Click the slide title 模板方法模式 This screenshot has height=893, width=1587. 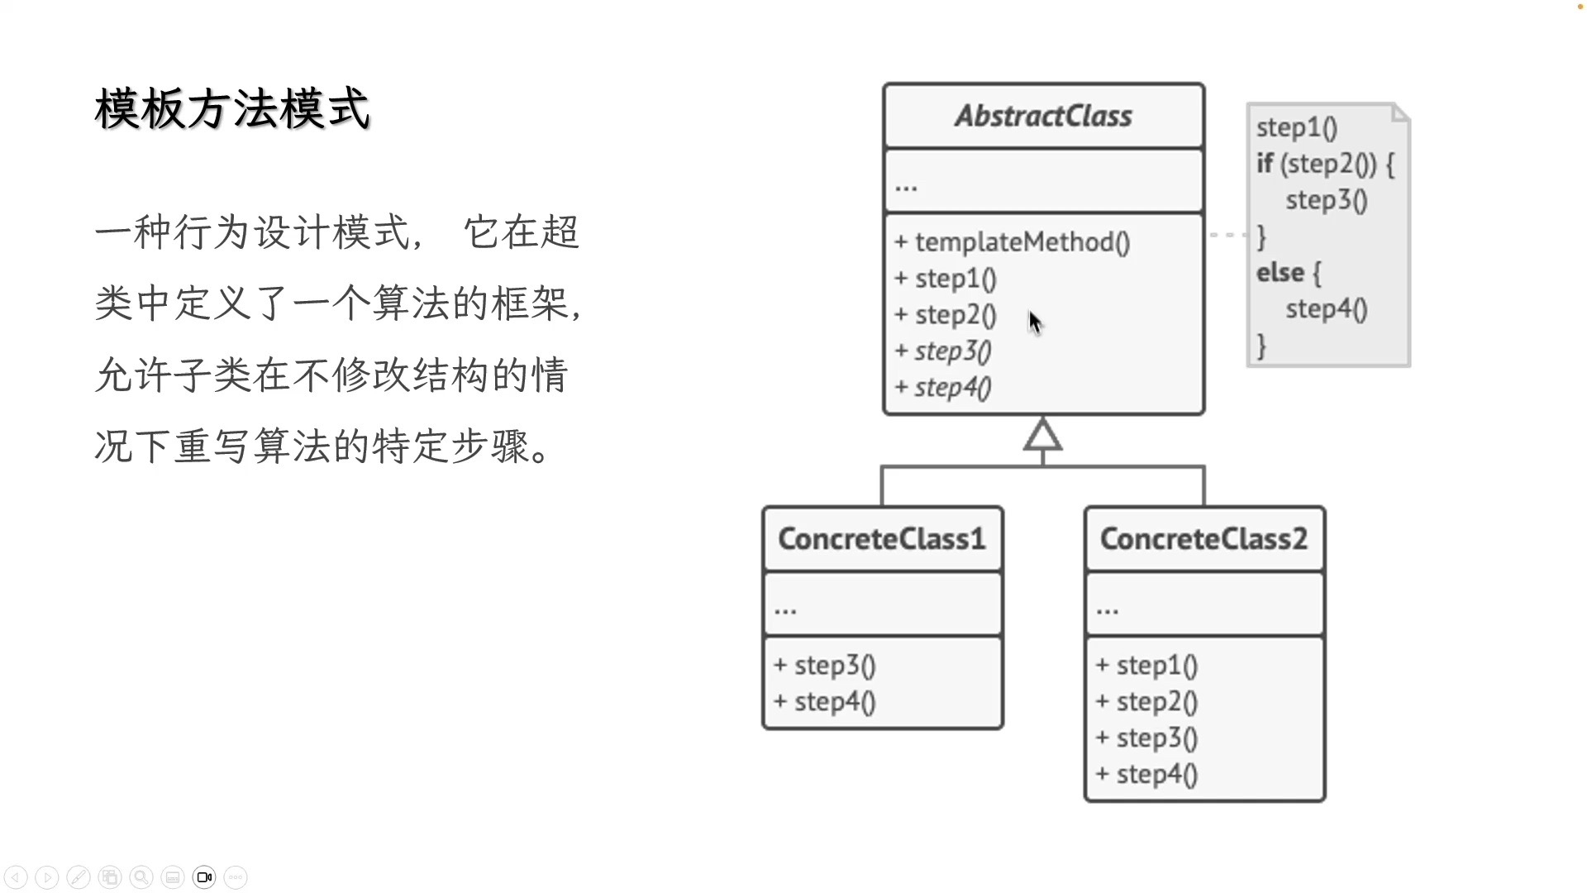(232, 109)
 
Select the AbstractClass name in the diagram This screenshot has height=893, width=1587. (1043, 117)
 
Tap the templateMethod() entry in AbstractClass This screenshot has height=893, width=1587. (1022, 242)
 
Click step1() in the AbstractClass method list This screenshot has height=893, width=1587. (956, 279)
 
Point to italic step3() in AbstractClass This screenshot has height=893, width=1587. (952, 351)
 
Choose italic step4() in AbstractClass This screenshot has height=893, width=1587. (952, 388)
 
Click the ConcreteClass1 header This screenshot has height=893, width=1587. (882, 539)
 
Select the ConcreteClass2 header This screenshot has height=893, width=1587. (1203, 539)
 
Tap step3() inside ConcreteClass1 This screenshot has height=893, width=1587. (835, 666)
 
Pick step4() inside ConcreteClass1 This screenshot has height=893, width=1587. (835, 702)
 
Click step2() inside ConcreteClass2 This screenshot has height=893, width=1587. (1156, 702)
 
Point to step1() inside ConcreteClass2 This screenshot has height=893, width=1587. (1156, 666)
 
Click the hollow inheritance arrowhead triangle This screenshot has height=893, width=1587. (1042, 437)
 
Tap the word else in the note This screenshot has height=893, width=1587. (1280, 273)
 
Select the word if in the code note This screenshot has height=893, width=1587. (1265, 164)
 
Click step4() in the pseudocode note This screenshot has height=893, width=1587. (1326, 309)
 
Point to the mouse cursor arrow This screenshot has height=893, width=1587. (1035, 322)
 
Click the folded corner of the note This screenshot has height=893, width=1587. (1400, 113)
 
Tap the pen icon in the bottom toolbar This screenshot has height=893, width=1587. (79, 877)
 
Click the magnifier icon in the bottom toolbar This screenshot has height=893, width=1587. (141, 877)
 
